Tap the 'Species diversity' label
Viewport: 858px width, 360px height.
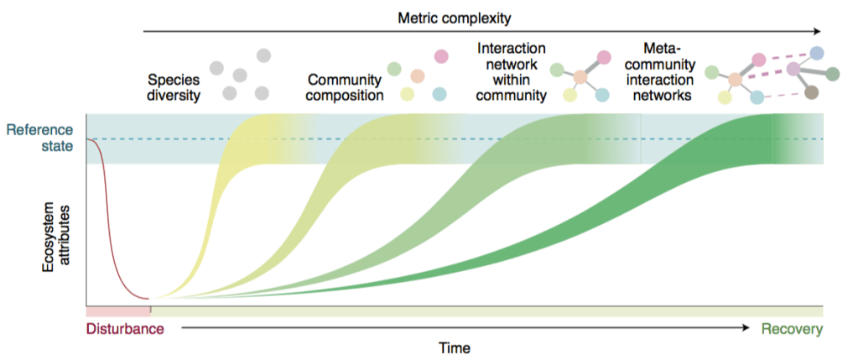click(174, 88)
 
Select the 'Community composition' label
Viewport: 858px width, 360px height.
click(345, 88)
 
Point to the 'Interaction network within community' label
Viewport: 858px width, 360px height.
click(510, 73)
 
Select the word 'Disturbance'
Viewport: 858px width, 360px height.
click(125, 329)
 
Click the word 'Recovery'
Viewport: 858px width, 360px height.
click(792, 329)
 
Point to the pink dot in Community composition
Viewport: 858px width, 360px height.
click(439, 56)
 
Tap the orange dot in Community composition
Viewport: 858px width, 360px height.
click(416, 76)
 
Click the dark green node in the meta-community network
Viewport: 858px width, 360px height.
click(832, 74)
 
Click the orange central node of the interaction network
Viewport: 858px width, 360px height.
click(580, 77)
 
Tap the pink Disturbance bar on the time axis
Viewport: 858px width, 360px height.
click(118, 311)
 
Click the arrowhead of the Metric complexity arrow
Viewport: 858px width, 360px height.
click(818, 32)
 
